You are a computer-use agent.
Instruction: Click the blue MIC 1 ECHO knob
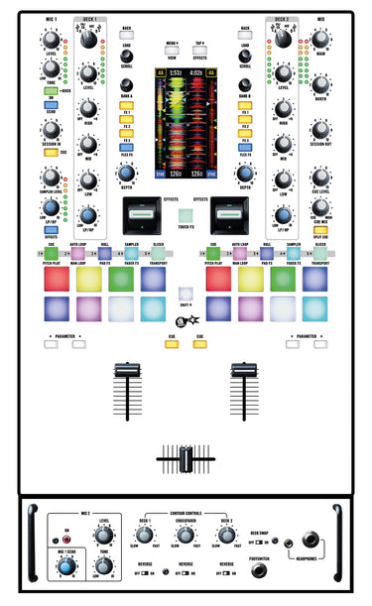[x=66, y=567]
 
